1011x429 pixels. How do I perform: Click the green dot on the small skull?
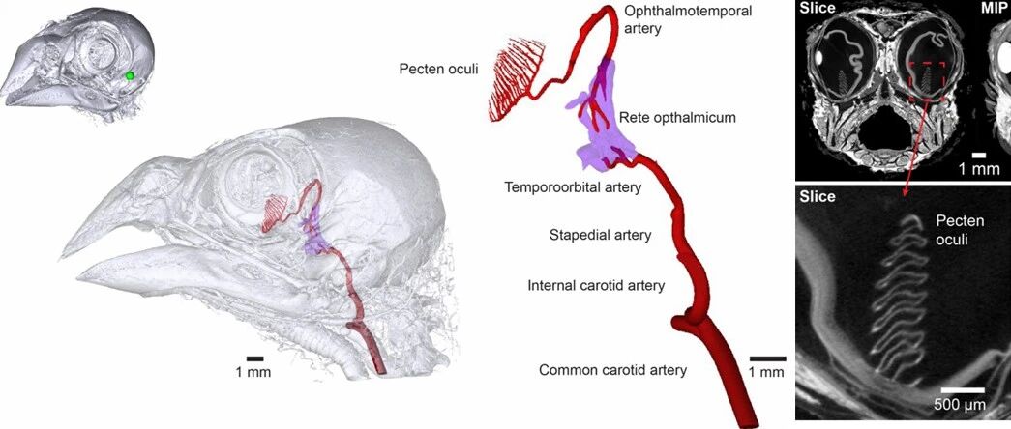(129, 75)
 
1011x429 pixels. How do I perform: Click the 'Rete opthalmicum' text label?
(677, 117)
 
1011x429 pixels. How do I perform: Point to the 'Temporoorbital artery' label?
(573, 187)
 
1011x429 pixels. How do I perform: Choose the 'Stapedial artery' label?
(600, 235)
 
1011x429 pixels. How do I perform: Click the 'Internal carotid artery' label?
(596, 285)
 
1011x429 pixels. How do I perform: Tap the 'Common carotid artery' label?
(612, 369)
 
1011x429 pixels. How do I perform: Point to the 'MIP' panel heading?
(994, 9)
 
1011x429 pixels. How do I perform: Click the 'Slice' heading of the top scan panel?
(818, 9)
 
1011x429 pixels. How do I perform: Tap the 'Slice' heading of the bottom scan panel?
(818, 196)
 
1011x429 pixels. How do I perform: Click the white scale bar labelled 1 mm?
(979, 154)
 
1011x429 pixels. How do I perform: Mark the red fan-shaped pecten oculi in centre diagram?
(513, 82)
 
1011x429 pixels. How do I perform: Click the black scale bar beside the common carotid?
(765, 358)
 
